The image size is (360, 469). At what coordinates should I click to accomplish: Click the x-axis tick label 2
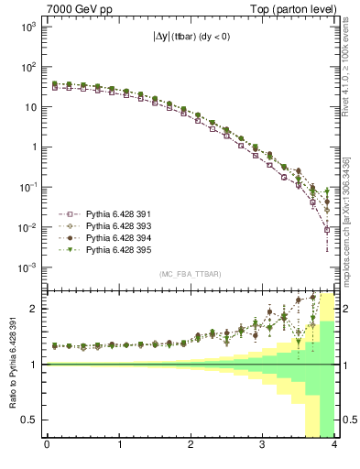point(191,446)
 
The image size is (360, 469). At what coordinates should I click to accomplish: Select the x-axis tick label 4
point(334,446)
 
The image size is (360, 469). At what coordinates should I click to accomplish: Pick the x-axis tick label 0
point(47,446)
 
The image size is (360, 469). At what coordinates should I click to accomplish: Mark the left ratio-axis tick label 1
point(36,365)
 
